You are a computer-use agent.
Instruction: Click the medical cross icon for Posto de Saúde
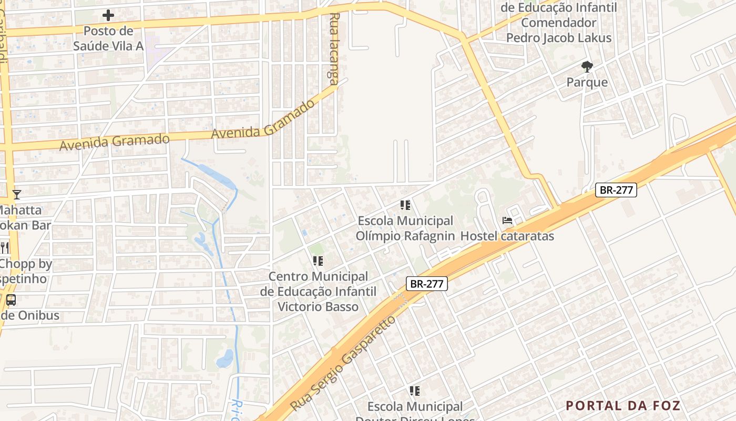pos(108,15)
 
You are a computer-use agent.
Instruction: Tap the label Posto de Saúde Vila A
pos(108,38)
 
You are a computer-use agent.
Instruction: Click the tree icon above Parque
pos(587,67)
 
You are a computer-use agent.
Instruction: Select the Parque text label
pos(587,83)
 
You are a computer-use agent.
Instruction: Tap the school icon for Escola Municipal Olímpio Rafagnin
pos(405,205)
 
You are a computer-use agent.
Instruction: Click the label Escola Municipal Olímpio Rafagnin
pos(405,228)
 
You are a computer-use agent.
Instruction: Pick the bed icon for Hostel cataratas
pos(507,220)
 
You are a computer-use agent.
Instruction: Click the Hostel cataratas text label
pos(507,236)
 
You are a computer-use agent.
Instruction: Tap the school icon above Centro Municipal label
pos(318,261)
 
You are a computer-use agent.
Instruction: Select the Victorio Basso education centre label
pos(318,292)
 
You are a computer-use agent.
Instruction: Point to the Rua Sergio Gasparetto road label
pos(342,364)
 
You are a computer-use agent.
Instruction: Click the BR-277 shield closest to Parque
pos(616,190)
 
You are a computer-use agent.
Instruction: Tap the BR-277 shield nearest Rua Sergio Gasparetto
pos(427,284)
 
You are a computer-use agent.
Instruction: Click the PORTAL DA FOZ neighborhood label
pos(623,406)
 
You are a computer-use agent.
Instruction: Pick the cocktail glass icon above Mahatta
pos(17,195)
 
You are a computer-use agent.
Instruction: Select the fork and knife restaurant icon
pos(5,247)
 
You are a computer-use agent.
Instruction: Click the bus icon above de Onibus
pos(11,300)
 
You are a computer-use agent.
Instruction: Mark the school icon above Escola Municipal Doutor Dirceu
pos(415,391)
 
